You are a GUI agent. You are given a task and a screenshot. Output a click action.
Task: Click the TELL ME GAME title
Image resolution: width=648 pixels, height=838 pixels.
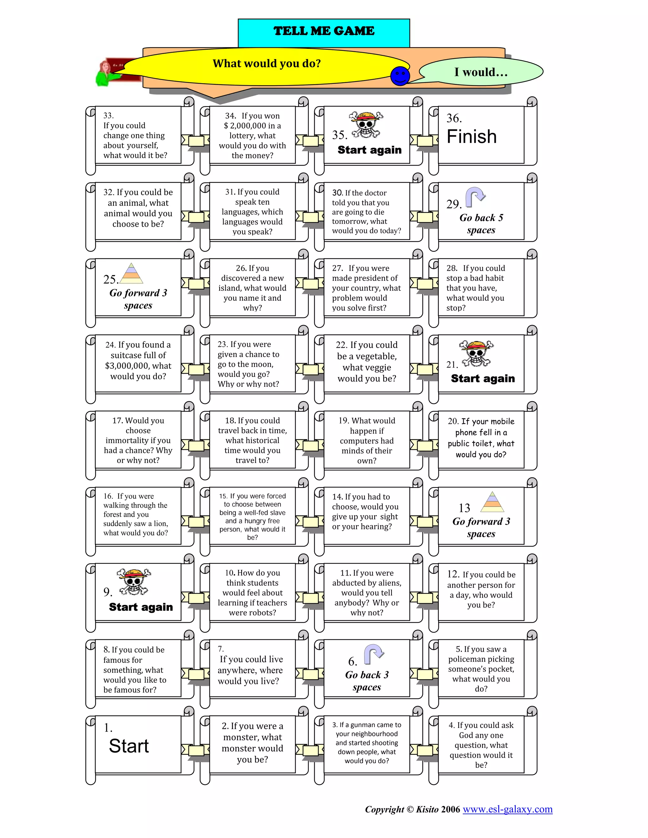pyautogui.click(x=324, y=31)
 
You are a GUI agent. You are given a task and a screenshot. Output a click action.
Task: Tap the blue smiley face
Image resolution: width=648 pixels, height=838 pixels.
pyautogui.click(x=400, y=76)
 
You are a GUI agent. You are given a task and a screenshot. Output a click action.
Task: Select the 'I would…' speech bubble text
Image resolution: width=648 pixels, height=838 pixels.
pyautogui.click(x=481, y=72)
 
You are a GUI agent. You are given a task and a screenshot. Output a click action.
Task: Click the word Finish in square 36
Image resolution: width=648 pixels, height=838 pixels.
pyautogui.click(x=471, y=137)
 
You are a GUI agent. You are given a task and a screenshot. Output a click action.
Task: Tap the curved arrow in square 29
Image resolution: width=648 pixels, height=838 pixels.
pyautogui.click(x=475, y=196)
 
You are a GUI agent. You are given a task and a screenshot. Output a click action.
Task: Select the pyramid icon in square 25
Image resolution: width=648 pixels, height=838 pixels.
pyautogui.click(x=131, y=273)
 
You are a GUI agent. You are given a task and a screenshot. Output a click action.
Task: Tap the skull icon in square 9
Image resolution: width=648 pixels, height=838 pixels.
pyautogui.click(x=134, y=581)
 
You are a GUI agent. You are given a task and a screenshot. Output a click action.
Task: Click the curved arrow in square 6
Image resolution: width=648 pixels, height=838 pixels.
pyautogui.click(x=374, y=654)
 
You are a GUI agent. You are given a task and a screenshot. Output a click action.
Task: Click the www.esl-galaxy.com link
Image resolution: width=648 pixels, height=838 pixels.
pyautogui.click(x=507, y=810)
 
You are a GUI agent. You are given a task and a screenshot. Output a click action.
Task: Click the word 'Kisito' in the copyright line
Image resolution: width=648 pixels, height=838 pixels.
pyautogui.click(x=427, y=810)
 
